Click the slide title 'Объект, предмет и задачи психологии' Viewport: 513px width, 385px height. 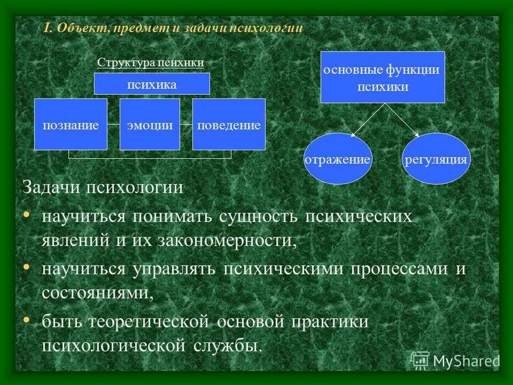[173, 29]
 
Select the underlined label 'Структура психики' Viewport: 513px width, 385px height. [151, 63]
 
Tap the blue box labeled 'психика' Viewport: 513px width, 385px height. [152, 84]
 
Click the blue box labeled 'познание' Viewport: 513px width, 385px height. [71, 125]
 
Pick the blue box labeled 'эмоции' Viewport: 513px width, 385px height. [150, 125]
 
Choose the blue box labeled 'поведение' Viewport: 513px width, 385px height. [229, 125]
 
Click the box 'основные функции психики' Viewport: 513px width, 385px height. [383, 77]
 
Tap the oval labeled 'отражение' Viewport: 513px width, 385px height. [337, 159]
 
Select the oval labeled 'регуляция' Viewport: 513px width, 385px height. [436, 159]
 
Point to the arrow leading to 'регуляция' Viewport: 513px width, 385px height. [401, 119]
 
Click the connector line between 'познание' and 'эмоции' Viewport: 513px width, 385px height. [113, 125]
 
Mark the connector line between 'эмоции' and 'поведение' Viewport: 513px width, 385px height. [186, 125]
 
